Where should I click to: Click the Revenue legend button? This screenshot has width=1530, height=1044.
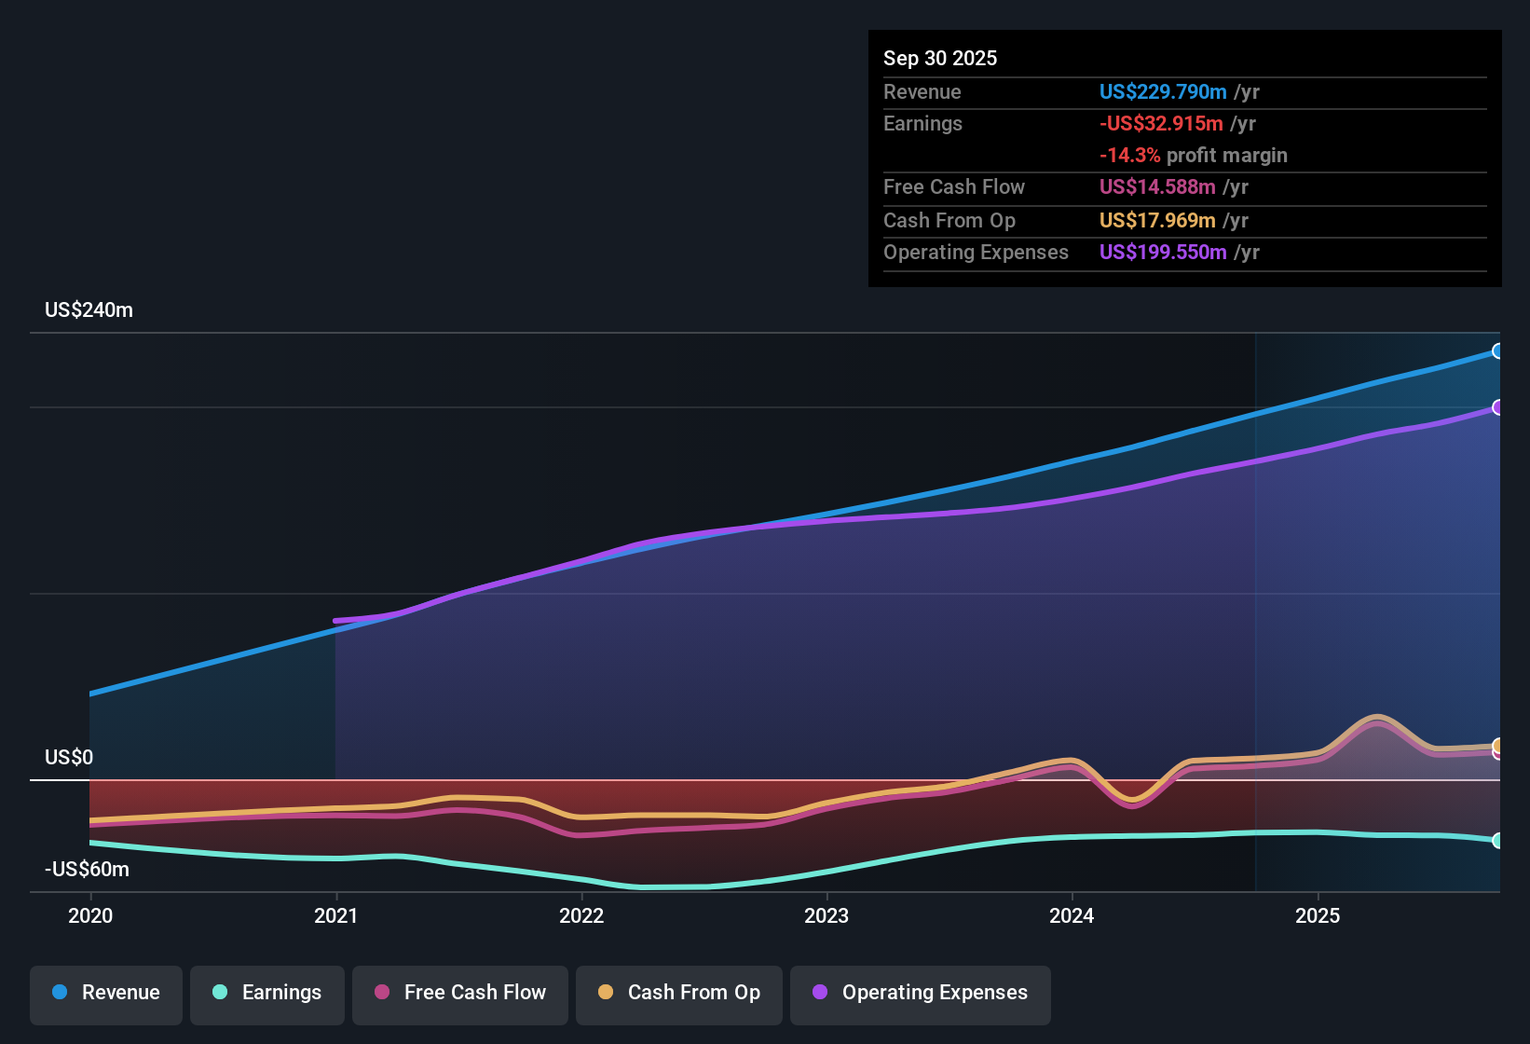106,993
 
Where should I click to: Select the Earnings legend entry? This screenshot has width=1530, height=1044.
267,993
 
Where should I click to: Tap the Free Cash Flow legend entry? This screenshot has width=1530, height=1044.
460,993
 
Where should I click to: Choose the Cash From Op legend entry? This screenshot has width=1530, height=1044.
679,993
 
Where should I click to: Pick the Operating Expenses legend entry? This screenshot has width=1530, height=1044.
921,993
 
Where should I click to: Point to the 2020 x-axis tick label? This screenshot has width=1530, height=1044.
90,915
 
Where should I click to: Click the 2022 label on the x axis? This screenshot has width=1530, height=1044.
581,915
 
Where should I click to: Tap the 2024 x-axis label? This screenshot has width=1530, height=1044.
1072,915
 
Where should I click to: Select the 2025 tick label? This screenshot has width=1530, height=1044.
1318,915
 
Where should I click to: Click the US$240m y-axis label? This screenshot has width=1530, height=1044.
89,310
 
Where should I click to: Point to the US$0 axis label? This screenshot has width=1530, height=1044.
69,757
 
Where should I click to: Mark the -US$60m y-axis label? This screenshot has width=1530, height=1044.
87,870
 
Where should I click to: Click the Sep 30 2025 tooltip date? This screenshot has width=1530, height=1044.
939,58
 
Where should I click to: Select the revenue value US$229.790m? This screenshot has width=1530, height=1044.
1162,91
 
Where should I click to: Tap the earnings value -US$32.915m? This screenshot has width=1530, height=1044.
1160,123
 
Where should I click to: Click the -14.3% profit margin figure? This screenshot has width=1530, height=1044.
1129,155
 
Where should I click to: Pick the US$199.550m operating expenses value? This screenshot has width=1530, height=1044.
1162,252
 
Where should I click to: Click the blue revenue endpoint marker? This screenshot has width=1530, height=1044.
1497,351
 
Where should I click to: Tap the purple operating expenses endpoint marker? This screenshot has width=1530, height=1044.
1497,407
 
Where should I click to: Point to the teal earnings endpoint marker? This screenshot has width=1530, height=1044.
1497,841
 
